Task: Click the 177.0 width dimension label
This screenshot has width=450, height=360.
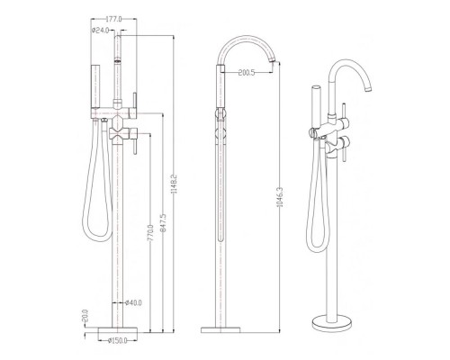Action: click(114, 20)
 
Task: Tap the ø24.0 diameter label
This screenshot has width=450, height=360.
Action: click(100, 31)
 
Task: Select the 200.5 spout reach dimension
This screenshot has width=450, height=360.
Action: click(247, 72)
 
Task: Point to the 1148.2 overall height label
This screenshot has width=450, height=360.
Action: click(174, 184)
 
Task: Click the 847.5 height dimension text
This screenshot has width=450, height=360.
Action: click(163, 223)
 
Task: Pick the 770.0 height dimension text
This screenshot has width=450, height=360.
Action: click(151, 233)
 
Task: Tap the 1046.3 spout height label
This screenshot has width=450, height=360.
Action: click(280, 197)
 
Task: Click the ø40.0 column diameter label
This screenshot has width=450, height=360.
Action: click(133, 302)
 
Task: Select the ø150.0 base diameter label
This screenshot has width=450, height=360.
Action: click(118, 340)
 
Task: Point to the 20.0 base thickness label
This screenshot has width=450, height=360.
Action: click(85, 316)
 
